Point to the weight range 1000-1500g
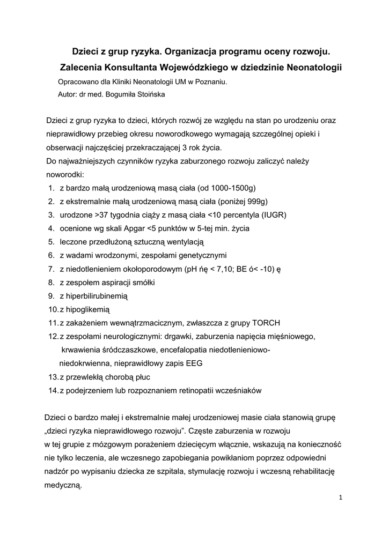pos(226,188)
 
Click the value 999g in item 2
pos(256,202)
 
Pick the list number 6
pos(51,255)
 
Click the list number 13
pos(53,376)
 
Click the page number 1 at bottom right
pos(340,497)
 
